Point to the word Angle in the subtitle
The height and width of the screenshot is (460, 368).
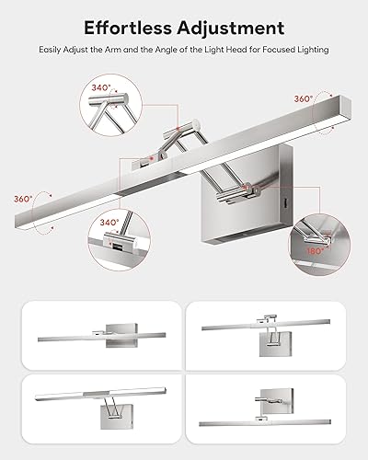(x=175, y=49)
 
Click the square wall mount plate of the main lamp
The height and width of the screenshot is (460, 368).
(x=241, y=193)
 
